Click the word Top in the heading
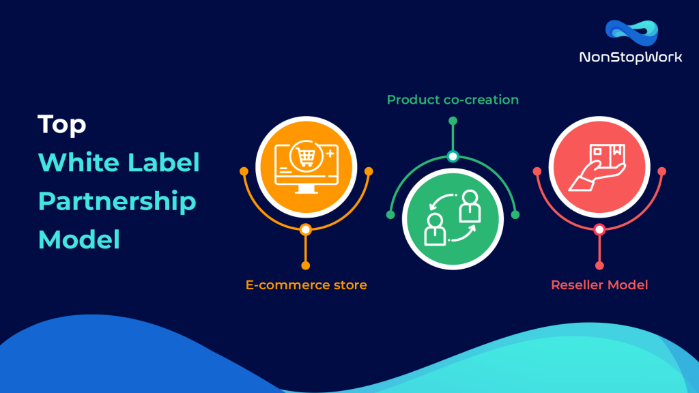pyautogui.click(x=61, y=124)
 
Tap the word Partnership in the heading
pyautogui.click(x=117, y=202)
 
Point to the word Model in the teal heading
pyautogui.click(x=79, y=239)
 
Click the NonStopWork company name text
pyautogui.click(x=630, y=57)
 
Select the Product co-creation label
pyautogui.click(x=453, y=100)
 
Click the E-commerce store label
pyautogui.click(x=306, y=285)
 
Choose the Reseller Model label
pyautogui.click(x=599, y=285)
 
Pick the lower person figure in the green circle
pyautogui.click(x=435, y=228)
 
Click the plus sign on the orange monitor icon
pyautogui.click(x=331, y=154)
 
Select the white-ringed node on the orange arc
pyautogui.click(x=306, y=230)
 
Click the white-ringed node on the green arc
pyautogui.click(x=453, y=156)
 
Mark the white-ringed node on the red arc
pyautogui.click(x=599, y=230)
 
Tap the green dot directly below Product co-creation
pyautogui.click(x=453, y=121)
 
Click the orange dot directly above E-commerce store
pyautogui.click(x=306, y=265)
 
